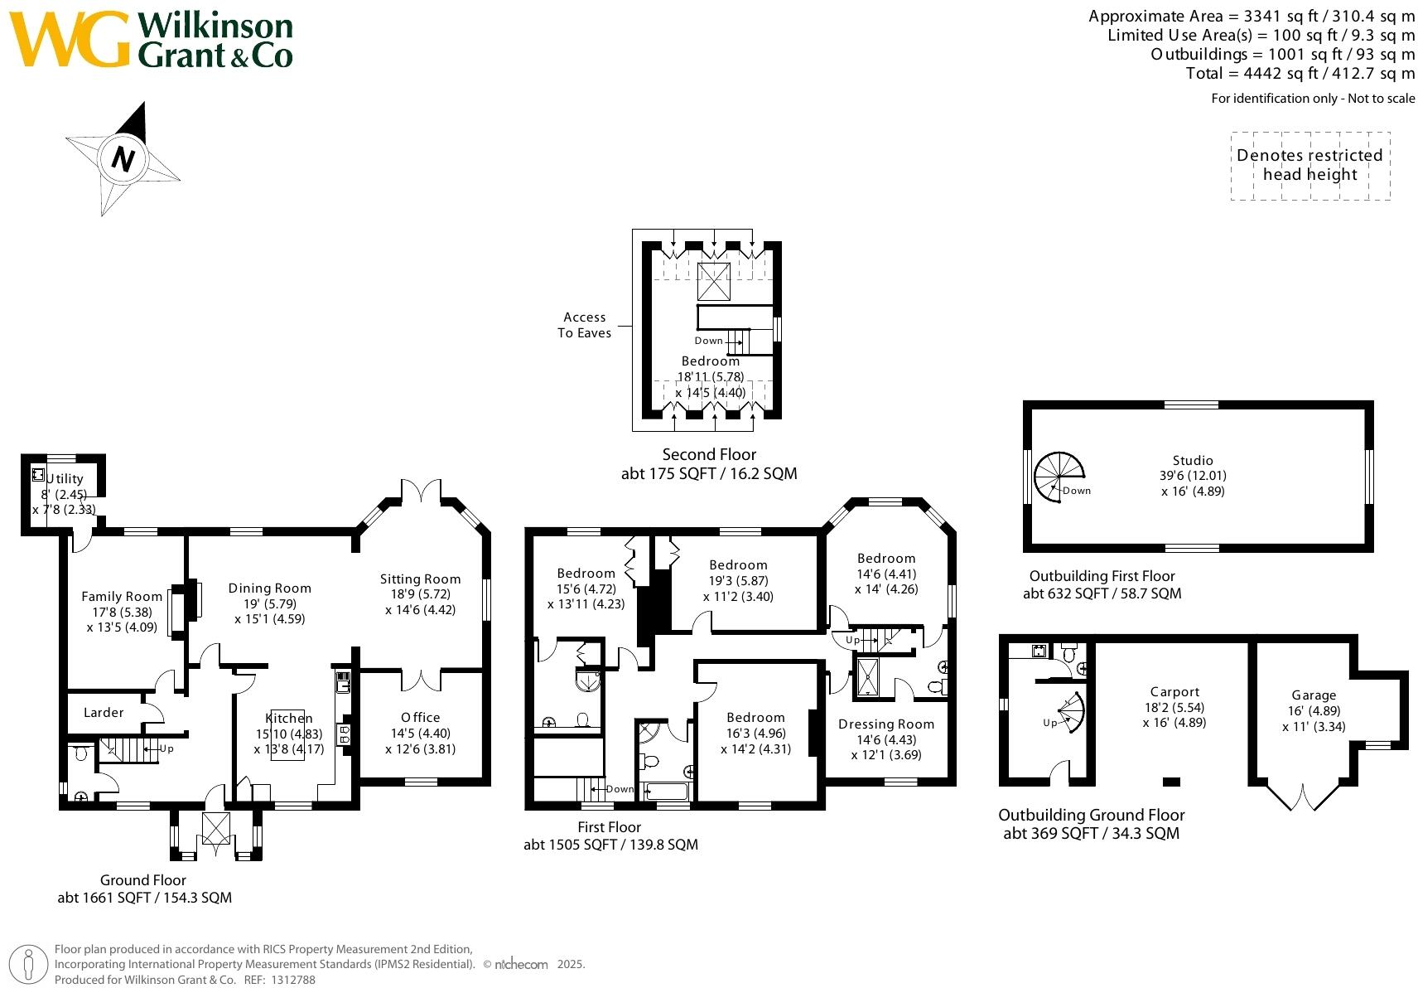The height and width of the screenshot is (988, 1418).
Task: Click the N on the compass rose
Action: coord(123,158)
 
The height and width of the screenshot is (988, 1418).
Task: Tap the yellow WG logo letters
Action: coord(70,39)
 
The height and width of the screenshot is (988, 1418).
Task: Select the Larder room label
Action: coord(104,713)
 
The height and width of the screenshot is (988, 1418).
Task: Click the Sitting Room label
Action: coord(420,579)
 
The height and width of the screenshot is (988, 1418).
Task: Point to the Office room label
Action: coord(420,717)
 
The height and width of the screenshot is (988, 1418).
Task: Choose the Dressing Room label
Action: coord(886,724)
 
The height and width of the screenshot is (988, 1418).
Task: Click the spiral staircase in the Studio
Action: coord(1059,477)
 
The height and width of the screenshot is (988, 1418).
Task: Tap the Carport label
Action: coord(1175,692)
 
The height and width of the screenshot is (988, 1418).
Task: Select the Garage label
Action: coord(1314,695)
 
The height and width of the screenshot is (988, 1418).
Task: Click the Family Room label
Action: coord(122,597)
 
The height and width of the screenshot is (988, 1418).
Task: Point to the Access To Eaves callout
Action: coord(584,325)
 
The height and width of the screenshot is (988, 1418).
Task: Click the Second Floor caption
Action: coord(709,455)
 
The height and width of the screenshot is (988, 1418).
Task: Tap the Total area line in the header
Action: coord(1300,74)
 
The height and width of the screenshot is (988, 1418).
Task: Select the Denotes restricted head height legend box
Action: coord(1310,166)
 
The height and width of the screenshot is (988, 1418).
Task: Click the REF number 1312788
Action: coord(293,980)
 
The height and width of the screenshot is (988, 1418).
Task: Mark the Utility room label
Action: coord(65,479)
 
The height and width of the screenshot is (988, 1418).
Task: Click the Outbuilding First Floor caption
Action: coord(1102,576)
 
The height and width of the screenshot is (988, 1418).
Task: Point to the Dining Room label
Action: coord(270,588)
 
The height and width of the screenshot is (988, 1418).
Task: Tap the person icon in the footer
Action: coord(28,965)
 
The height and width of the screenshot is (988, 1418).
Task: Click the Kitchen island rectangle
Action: coord(288,734)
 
